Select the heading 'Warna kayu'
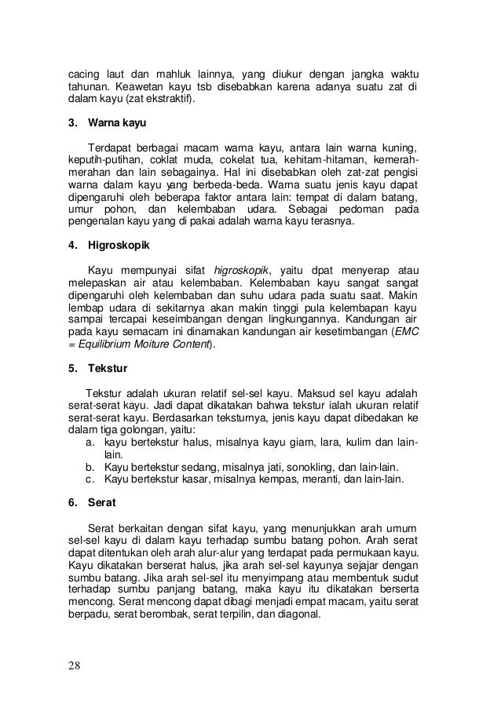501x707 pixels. click(x=118, y=123)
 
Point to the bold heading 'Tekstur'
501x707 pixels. click(x=108, y=366)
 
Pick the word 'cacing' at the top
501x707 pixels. click(x=79, y=75)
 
